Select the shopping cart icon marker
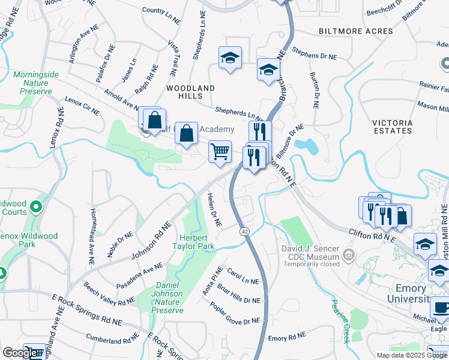220,151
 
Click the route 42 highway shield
244,231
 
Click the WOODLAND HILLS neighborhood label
190,92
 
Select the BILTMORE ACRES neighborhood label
348,31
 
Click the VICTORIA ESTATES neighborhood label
391,127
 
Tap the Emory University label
420,293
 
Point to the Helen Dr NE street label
214,210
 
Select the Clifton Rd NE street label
373,235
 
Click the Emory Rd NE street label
287,338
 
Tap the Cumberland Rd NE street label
111,339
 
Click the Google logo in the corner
19,353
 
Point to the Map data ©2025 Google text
412,355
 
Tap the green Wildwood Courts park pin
36,208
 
